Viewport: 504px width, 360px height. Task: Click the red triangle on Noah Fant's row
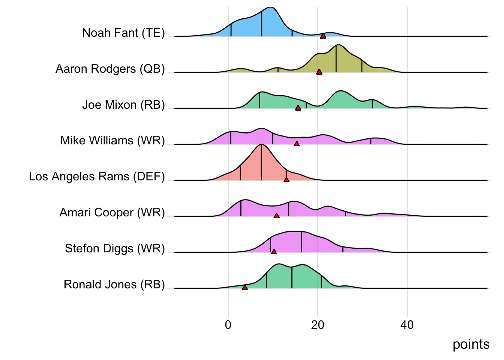coord(323,36)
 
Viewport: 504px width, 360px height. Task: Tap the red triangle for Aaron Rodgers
coord(319,72)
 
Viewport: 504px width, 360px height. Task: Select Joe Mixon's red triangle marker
coord(298,108)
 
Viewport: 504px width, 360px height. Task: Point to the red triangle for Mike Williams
coord(297,144)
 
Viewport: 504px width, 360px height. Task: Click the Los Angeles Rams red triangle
coord(286,180)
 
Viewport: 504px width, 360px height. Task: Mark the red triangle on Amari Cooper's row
coord(276,216)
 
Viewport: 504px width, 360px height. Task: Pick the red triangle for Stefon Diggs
coord(274,252)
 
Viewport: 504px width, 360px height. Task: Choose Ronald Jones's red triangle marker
coord(245,288)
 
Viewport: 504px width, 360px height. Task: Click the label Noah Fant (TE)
coord(123,33)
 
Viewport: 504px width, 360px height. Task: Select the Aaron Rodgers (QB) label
coord(110,69)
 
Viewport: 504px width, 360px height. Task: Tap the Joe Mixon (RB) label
coord(123,105)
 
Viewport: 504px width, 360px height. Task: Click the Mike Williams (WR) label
coord(112,141)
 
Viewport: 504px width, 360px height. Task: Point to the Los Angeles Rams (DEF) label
coord(97,177)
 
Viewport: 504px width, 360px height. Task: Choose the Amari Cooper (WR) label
coord(112,213)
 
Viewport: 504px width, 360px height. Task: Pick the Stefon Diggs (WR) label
coord(115,249)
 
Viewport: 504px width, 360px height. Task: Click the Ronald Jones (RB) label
coord(114,285)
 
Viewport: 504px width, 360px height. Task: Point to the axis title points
coord(471,344)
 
